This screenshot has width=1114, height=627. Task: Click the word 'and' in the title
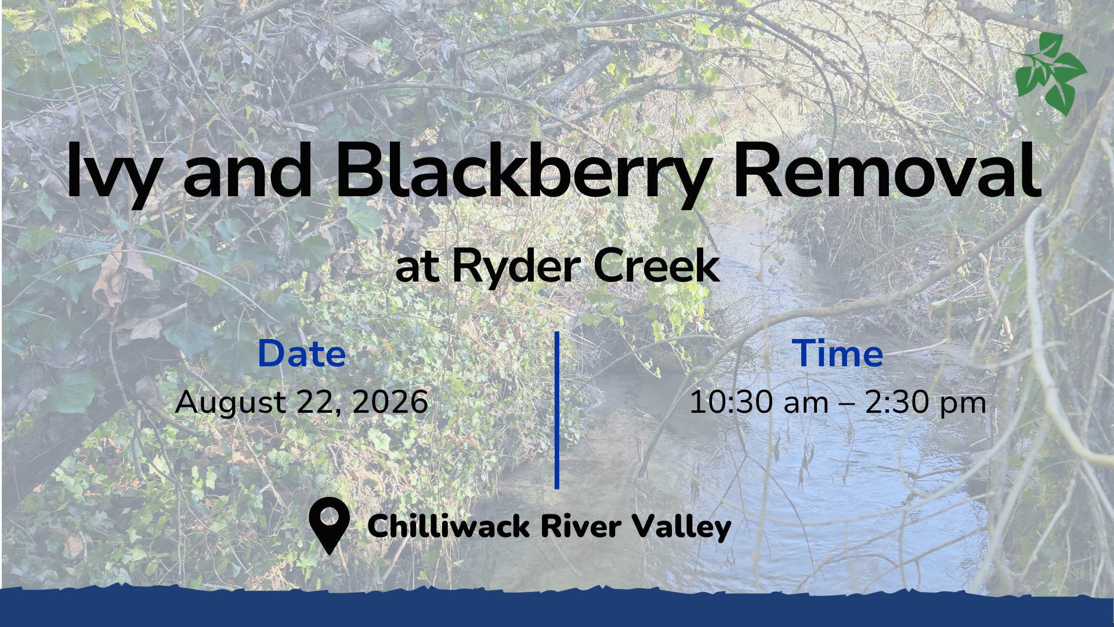[x=248, y=170]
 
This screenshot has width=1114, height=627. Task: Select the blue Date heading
[x=302, y=353]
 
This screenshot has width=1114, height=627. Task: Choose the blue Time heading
[x=837, y=353]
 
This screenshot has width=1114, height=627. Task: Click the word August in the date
[x=231, y=403]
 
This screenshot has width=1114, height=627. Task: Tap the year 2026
[x=390, y=402]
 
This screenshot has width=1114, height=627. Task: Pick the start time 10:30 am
[x=759, y=402]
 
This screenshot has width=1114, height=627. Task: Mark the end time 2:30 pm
[x=926, y=403]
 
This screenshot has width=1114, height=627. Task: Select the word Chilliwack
[x=449, y=526]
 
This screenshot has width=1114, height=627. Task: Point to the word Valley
[x=682, y=527]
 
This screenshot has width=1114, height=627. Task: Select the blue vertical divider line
[x=557, y=410]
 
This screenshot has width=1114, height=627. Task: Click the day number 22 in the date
[x=317, y=403]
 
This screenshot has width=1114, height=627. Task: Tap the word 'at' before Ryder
[x=417, y=268]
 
